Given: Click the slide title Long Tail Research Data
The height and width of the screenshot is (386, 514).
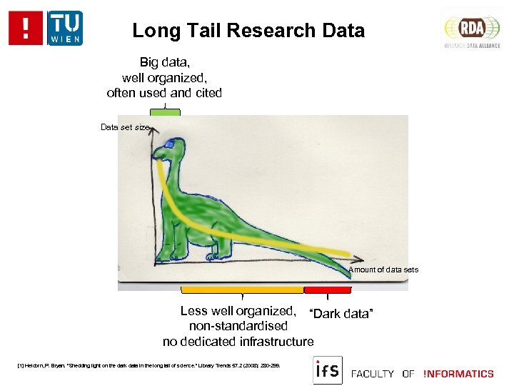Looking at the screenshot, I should [248, 31].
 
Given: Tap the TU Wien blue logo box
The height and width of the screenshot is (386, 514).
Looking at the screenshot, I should [65, 28].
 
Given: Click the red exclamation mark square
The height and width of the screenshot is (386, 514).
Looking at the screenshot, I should [26, 29].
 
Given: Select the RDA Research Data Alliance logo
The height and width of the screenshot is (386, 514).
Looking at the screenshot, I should [471, 29].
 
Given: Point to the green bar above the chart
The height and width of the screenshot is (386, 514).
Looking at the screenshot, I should [166, 112].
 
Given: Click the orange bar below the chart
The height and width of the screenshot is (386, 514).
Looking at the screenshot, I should [243, 290].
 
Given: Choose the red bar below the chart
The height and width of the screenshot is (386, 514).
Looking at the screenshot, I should [328, 290].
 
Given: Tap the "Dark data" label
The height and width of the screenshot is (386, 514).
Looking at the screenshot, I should [341, 314].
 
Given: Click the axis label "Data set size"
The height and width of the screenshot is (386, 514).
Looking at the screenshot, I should [126, 127].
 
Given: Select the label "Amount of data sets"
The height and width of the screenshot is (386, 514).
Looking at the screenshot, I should [383, 269].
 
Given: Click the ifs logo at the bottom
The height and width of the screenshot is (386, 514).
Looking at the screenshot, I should [327, 370].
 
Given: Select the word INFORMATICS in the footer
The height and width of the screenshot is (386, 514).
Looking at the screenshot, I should [458, 373].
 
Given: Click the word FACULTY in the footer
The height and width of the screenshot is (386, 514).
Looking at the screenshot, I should [373, 373].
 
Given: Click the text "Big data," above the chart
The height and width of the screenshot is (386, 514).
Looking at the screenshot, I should [164, 63].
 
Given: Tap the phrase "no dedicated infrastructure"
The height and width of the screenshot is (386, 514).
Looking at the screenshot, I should [238, 342].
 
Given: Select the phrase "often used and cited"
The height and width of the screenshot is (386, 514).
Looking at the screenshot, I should [164, 93].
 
